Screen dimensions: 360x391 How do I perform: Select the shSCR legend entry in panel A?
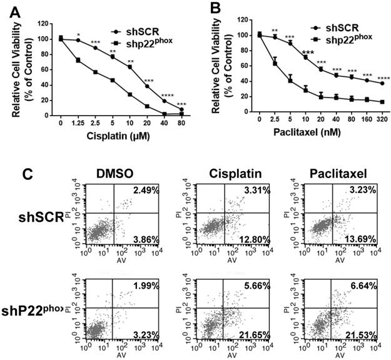pyautogui.click(x=143, y=30)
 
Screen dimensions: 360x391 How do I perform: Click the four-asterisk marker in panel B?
pyautogui.click(x=383, y=77)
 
